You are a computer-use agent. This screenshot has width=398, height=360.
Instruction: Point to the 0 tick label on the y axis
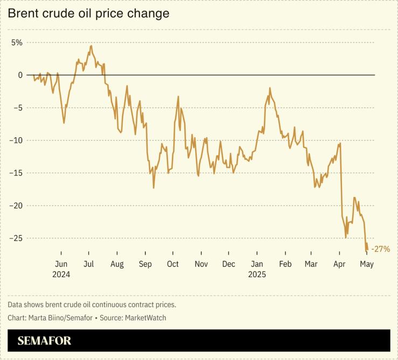click(x=20, y=75)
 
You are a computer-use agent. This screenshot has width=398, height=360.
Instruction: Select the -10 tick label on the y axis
click(x=17, y=140)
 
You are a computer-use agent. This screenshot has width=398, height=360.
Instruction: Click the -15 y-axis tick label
click(x=17, y=173)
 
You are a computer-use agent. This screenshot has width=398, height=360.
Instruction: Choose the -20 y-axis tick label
click(x=17, y=206)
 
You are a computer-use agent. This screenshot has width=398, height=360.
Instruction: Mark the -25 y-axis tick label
click(x=17, y=238)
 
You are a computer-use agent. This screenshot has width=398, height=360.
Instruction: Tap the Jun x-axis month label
click(x=61, y=264)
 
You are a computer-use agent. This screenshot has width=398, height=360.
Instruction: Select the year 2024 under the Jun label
click(x=61, y=274)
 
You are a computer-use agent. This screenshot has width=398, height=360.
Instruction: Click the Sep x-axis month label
click(x=145, y=264)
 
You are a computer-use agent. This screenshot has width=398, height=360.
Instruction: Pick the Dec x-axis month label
click(x=229, y=264)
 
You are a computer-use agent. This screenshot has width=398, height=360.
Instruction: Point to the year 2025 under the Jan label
click(x=257, y=274)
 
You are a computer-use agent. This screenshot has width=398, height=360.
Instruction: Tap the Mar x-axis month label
click(x=311, y=264)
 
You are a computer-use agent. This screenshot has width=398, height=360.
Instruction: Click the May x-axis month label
click(x=367, y=264)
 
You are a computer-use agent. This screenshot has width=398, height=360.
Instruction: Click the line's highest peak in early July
click(x=91, y=46)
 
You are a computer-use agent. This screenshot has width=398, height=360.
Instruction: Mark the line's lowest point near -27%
click(x=366, y=251)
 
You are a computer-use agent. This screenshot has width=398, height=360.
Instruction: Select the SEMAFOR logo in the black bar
click(x=44, y=341)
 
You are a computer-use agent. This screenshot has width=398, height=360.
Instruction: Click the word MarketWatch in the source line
click(x=145, y=318)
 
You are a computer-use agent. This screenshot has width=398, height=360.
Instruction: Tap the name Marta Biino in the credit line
click(x=45, y=318)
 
